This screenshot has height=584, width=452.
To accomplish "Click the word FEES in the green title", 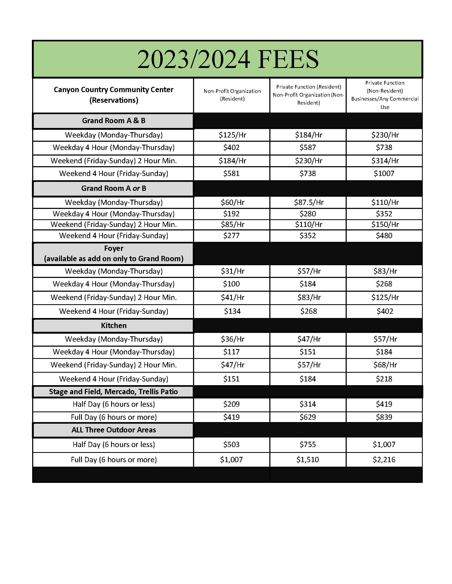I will click(288, 59).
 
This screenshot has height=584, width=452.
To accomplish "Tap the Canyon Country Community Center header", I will click(114, 95).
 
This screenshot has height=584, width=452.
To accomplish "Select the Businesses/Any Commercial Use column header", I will click(384, 95).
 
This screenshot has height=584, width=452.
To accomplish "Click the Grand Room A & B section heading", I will click(114, 121).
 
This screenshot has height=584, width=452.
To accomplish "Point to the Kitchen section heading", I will click(114, 325).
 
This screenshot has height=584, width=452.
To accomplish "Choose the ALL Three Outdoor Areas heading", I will click(114, 430).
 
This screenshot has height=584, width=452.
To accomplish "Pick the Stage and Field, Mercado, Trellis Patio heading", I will click(113, 392).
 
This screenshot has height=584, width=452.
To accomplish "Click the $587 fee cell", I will click(308, 147).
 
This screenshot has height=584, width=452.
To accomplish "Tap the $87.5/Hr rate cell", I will click(308, 202).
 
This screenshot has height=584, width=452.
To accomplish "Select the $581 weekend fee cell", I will click(231, 173).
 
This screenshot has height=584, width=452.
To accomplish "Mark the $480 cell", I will click(384, 235).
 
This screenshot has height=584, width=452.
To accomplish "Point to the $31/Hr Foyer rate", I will click(232, 271).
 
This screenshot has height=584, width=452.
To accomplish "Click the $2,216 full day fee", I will click(384, 460).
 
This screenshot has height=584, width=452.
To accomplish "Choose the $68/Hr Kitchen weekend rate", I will click(385, 365).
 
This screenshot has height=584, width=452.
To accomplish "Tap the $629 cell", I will click(308, 417).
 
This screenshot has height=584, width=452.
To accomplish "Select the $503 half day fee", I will click(231, 444).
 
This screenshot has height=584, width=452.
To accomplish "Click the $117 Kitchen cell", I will click(231, 352).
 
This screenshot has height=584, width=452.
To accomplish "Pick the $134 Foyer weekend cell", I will click(232, 311).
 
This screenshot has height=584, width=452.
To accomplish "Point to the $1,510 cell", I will click(308, 460).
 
